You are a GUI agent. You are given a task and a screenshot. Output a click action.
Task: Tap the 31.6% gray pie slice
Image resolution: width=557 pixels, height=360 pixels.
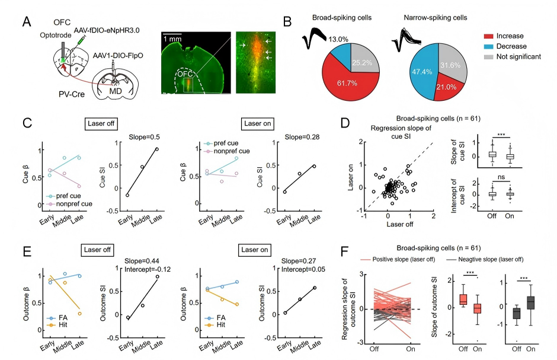pyautogui.click(x=452, y=62)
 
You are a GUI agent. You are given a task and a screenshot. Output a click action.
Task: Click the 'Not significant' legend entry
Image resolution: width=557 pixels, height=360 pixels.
pyautogui.click(x=513, y=57)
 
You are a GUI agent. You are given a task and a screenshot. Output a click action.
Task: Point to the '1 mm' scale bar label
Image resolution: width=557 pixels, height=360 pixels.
pyautogui.click(x=172, y=39)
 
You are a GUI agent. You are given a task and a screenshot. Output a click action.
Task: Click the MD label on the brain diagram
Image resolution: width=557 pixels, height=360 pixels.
pyautogui.click(x=116, y=91)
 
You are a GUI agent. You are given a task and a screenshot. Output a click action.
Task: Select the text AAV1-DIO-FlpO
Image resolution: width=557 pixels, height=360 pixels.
pyautogui.click(x=118, y=56)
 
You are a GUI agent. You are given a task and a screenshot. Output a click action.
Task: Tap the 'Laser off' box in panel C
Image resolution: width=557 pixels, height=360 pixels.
pyautogui.click(x=101, y=124)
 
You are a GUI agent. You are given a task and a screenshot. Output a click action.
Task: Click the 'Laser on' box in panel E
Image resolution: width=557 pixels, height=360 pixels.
pyautogui.click(x=254, y=250)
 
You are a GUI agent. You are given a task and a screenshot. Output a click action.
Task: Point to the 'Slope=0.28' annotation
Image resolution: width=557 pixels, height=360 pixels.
pyautogui.click(x=302, y=137)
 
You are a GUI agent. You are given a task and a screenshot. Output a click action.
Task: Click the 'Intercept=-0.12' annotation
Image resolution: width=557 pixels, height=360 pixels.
pyautogui.click(x=148, y=269)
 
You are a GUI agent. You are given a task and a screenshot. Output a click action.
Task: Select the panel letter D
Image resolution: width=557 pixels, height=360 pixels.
pyautogui.click(x=345, y=123)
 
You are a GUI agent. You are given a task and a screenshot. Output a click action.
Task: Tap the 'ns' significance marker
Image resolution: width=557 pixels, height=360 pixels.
pyautogui.click(x=501, y=177)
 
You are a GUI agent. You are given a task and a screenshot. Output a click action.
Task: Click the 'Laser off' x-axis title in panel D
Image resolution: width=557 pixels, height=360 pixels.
pyautogui.click(x=400, y=224)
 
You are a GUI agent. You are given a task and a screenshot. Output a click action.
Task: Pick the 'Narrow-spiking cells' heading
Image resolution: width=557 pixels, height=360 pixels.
pyautogui.click(x=435, y=18)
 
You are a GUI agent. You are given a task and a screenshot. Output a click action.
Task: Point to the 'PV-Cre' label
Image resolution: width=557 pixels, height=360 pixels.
pyautogui.click(x=72, y=94)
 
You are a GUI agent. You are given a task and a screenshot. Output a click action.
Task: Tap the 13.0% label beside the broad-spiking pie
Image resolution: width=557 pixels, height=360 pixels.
pyautogui.click(x=338, y=40)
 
